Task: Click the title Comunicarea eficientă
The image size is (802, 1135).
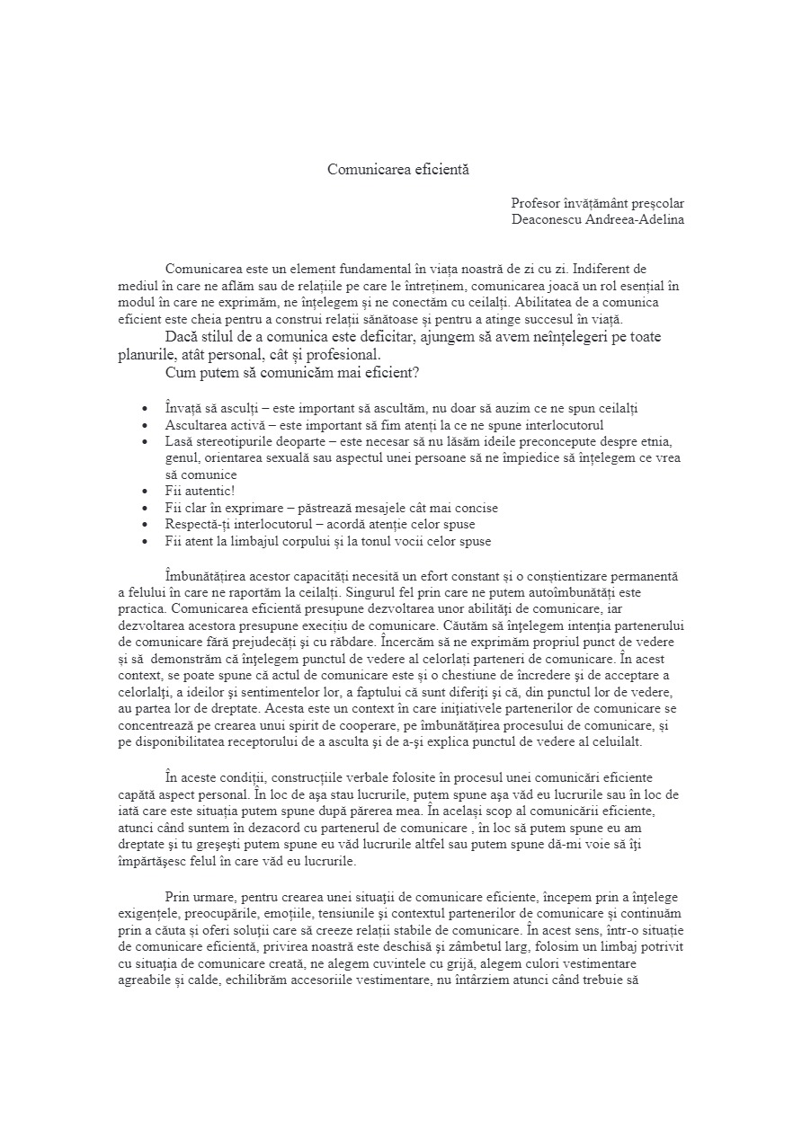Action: coord(398,169)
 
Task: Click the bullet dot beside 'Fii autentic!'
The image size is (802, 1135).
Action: coord(146,492)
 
